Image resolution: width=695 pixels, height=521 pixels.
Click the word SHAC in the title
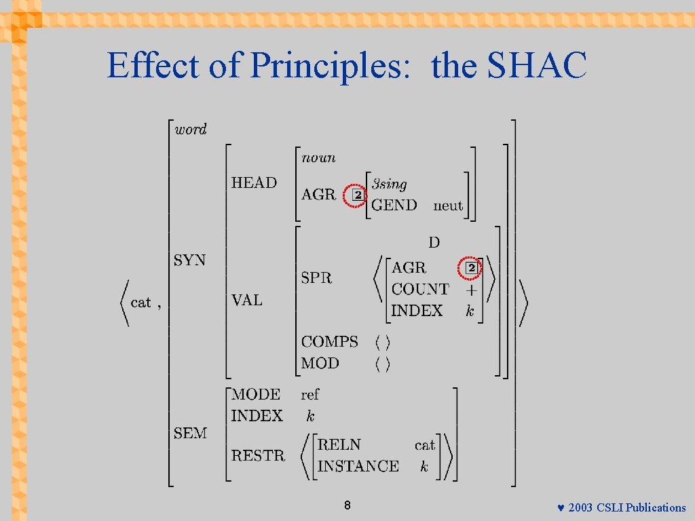click(537, 66)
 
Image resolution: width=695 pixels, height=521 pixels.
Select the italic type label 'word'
click(191, 129)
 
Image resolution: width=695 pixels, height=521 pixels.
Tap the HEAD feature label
click(254, 182)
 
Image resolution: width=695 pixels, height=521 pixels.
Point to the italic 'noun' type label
click(318, 157)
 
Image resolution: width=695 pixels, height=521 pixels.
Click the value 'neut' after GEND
click(448, 206)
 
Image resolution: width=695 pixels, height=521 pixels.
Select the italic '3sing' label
click(390, 184)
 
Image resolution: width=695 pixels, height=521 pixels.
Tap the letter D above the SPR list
click(434, 242)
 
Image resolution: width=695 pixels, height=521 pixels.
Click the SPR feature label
click(316, 277)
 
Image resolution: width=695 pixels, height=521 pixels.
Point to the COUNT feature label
click(420, 289)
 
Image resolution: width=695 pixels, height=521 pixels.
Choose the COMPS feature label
click(329, 342)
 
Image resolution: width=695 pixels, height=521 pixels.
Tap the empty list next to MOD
click(383, 364)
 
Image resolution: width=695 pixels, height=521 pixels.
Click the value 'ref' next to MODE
click(309, 394)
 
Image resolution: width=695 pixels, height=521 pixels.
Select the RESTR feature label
click(258, 455)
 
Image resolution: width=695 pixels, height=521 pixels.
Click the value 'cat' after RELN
click(425, 445)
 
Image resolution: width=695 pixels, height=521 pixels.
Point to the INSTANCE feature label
click(358, 466)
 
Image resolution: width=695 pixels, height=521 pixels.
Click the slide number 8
click(347, 505)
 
